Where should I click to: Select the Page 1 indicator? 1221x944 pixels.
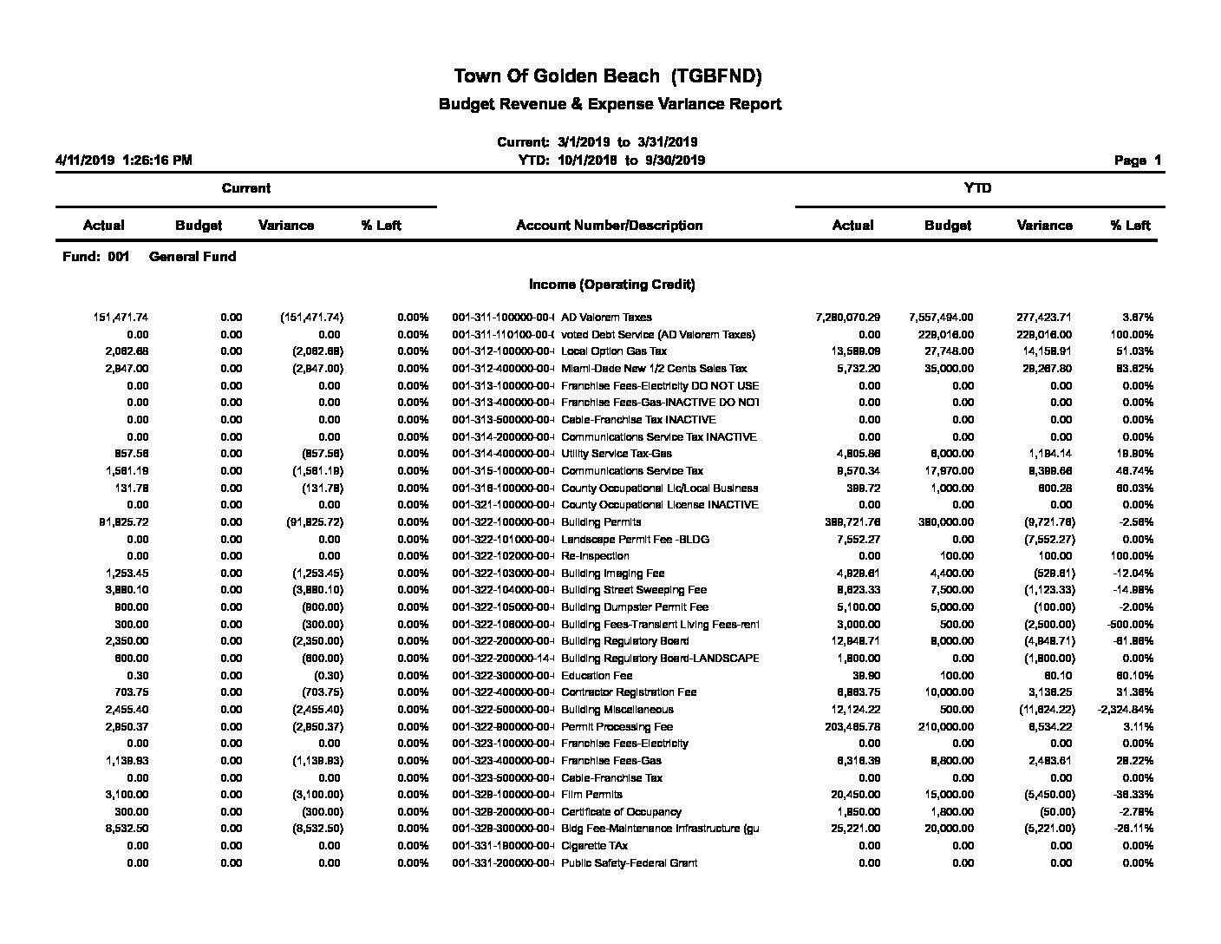(x=1137, y=161)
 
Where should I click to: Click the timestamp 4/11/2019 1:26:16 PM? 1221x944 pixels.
(x=124, y=161)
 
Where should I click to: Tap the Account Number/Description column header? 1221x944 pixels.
(x=609, y=226)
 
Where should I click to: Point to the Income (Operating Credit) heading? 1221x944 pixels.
(x=611, y=285)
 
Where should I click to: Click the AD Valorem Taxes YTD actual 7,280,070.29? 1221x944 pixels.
(x=847, y=318)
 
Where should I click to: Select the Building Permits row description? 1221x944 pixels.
(x=601, y=522)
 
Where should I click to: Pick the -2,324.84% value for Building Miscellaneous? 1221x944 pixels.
(x=1125, y=710)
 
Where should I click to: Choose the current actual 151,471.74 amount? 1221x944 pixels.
(x=121, y=318)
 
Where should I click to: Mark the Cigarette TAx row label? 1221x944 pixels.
(x=594, y=846)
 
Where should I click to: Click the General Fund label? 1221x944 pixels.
(x=193, y=257)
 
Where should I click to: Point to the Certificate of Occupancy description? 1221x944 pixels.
(x=621, y=812)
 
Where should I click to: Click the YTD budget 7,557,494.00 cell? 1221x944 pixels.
(x=941, y=318)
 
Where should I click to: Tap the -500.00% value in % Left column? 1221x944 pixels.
(x=1130, y=625)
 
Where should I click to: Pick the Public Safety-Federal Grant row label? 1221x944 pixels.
(x=629, y=863)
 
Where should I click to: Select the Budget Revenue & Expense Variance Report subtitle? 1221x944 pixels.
(x=610, y=104)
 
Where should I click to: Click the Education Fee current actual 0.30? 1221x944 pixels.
(x=137, y=676)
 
